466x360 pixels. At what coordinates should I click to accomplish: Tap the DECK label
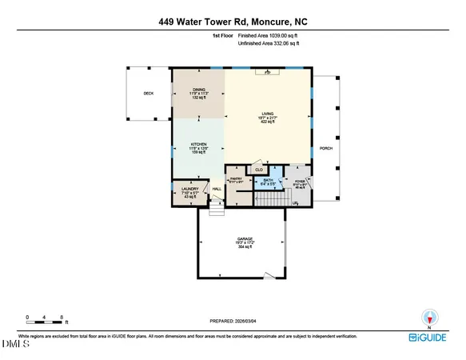click(148, 94)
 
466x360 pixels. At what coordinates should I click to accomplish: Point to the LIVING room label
click(267, 115)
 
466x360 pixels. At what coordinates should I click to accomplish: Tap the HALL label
click(216, 189)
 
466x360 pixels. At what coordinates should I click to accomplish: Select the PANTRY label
click(236, 180)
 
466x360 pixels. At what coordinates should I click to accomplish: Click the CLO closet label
click(258, 170)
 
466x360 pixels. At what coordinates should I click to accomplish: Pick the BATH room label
click(269, 181)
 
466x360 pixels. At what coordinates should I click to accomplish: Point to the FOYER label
click(300, 182)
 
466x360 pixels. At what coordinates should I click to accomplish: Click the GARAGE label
click(241, 240)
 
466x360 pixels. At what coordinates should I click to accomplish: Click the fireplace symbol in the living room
click(267, 73)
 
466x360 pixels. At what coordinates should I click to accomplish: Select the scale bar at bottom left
click(45, 320)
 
